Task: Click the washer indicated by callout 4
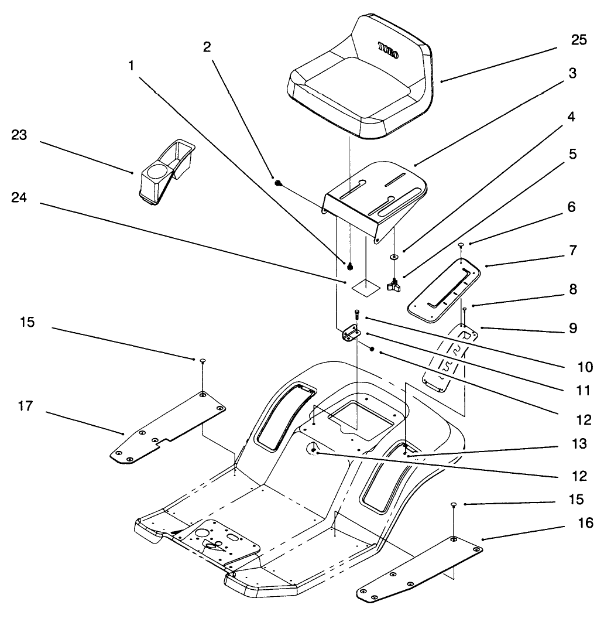tap(394, 257)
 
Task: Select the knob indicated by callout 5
tap(393, 285)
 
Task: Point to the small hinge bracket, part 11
tap(351, 334)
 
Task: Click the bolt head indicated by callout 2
tap(277, 183)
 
